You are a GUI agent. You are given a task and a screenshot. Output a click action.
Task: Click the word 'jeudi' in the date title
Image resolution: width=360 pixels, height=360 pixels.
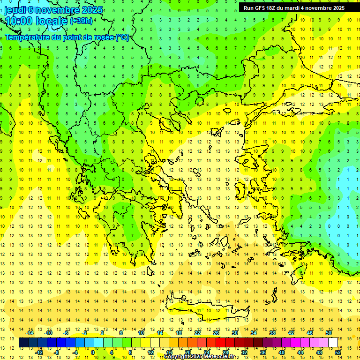14,10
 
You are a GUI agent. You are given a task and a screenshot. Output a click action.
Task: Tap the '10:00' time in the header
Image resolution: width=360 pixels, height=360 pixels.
19,21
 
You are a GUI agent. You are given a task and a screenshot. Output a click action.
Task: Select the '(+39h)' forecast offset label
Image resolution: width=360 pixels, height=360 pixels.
81,21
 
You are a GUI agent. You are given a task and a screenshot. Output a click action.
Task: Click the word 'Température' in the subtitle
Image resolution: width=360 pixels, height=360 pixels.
28,37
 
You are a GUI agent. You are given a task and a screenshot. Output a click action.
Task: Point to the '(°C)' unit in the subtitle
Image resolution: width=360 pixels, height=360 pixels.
122,37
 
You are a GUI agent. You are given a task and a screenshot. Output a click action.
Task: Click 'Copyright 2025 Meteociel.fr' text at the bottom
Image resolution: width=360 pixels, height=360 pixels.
199,357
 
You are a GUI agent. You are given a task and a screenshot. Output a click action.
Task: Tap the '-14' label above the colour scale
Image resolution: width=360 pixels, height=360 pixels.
30,333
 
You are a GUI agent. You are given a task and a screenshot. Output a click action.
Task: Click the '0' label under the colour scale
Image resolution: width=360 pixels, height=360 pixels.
93,352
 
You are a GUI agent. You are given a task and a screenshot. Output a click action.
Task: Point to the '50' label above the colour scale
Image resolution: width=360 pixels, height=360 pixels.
328,333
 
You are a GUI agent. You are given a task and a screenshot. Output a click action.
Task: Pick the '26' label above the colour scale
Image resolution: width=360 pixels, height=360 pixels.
216,333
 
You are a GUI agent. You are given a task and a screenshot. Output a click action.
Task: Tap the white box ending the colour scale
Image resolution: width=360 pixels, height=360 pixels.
333,343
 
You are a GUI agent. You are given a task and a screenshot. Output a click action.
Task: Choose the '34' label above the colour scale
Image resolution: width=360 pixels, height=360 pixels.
254,333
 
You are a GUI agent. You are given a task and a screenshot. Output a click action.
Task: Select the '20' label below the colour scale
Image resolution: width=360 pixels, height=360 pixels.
187,352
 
